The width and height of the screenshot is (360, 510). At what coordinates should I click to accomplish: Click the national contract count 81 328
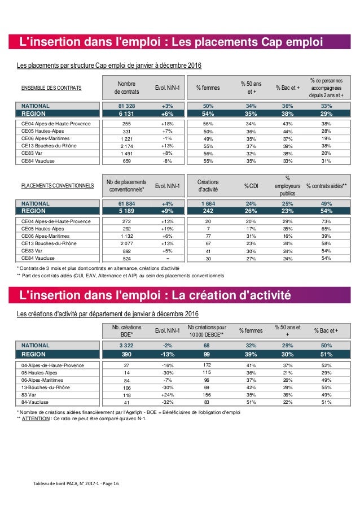pos(126,106)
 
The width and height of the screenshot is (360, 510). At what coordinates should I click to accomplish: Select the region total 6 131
pos(126,114)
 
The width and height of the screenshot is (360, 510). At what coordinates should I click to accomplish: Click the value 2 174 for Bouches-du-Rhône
pos(126,145)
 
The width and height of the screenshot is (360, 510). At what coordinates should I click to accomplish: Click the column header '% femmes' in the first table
pos(207,88)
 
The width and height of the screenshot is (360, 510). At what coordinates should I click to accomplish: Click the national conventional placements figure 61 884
pos(126,202)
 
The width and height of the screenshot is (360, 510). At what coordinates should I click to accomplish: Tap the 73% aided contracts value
pos(326,221)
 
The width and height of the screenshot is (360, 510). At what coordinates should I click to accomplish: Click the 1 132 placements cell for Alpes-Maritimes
pos(126,236)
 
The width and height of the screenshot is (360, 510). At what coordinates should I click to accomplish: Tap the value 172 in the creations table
pos(207,365)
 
